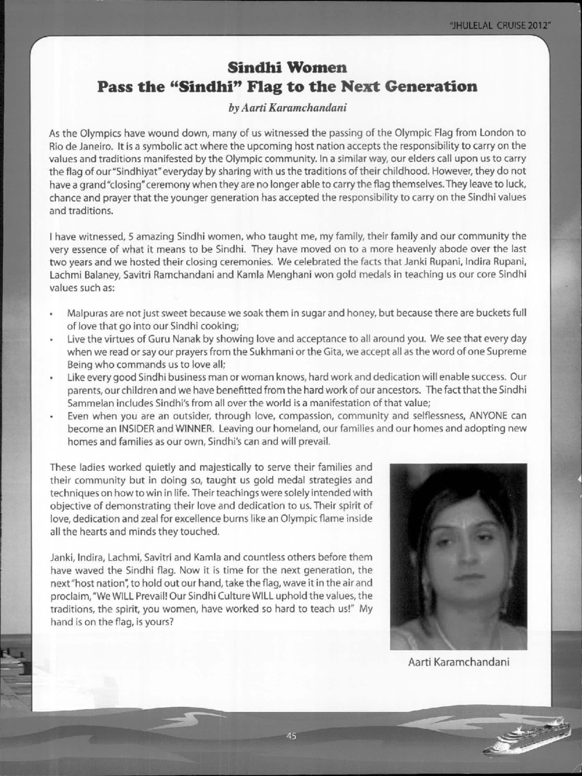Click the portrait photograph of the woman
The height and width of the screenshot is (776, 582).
click(458, 556)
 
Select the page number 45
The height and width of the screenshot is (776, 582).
click(292, 736)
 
